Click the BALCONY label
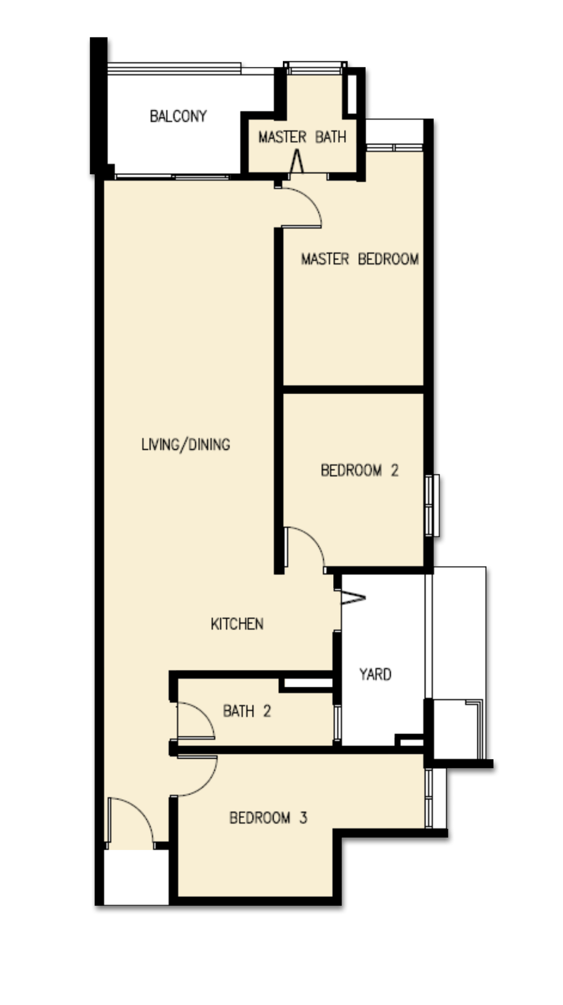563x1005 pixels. [x=178, y=116]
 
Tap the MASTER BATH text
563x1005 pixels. [x=302, y=137]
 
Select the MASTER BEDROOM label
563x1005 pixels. [x=360, y=259]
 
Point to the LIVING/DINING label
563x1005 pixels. [x=186, y=445]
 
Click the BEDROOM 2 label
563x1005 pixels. [x=359, y=470]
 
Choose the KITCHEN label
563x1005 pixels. [x=237, y=624]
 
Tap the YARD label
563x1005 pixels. [x=375, y=674]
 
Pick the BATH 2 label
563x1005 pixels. [x=247, y=711]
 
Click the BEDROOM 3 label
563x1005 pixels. [x=268, y=818]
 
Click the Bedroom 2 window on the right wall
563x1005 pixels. [x=432, y=505]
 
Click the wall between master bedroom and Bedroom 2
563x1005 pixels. [x=353, y=389]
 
